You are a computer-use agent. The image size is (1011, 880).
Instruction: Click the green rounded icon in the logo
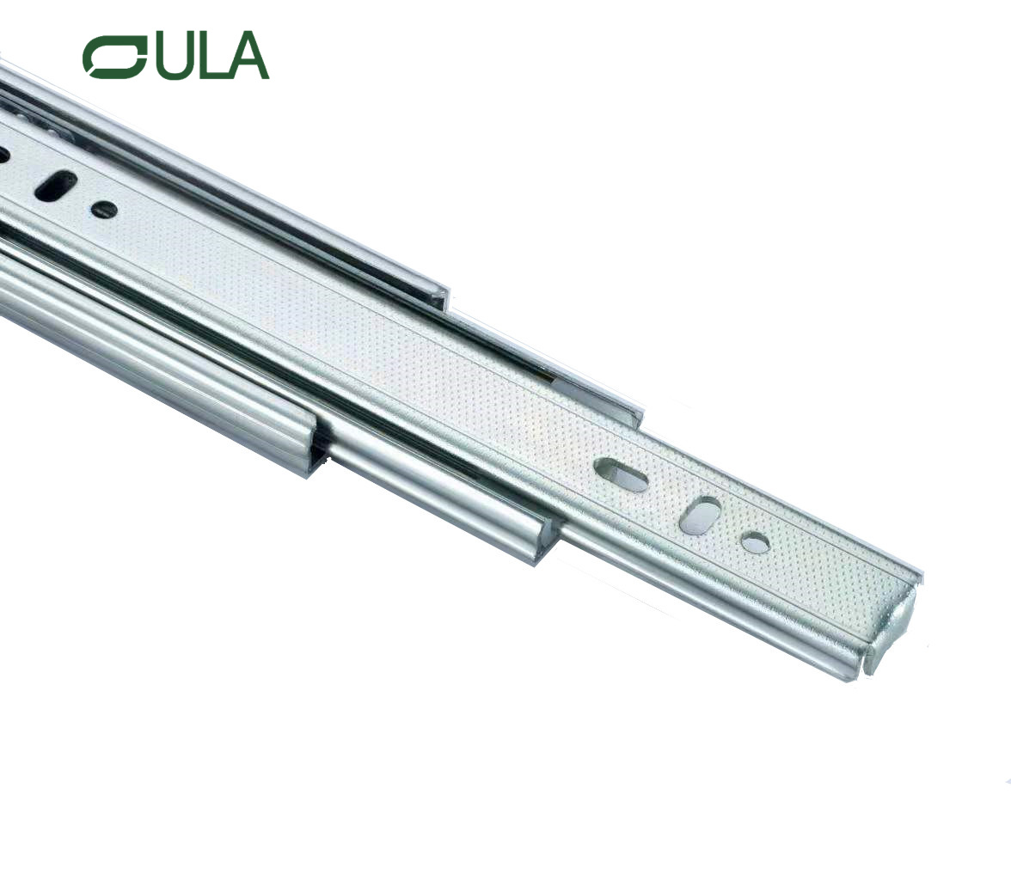(x=113, y=57)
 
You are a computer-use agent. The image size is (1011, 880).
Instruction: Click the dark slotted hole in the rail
(x=57, y=185)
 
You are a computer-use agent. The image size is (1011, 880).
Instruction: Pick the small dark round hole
(x=104, y=208)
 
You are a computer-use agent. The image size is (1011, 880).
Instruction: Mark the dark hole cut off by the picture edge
(x=3, y=156)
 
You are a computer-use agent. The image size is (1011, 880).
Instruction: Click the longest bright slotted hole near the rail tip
(x=621, y=475)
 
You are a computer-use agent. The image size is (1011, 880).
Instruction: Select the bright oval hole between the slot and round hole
(x=700, y=515)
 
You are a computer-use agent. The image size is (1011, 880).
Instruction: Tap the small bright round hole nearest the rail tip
(x=755, y=542)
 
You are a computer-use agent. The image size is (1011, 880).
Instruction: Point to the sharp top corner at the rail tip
(x=921, y=572)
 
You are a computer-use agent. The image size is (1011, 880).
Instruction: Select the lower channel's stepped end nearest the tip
(x=547, y=541)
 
